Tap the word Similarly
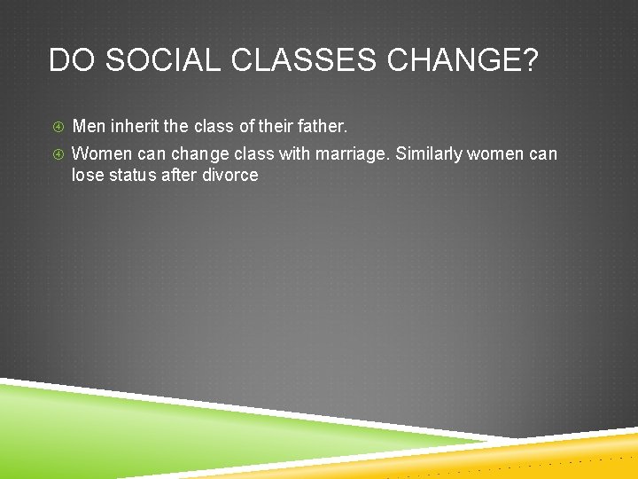tap(429, 153)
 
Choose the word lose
tap(87, 175)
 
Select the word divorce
tap(230, 175)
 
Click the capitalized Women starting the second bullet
tap(101, 153)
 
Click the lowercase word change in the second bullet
tap(200, 153)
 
